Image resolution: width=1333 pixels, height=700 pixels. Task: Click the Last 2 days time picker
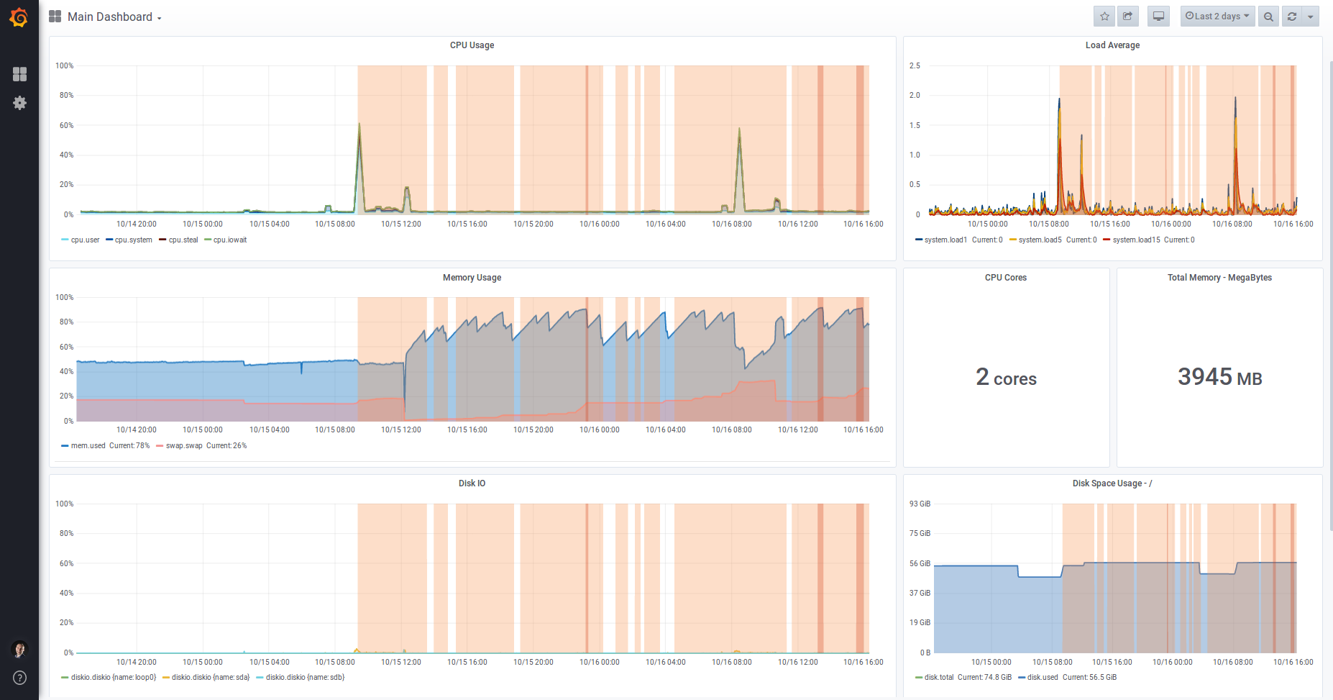1217,16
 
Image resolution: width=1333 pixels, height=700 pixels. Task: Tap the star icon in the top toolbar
1104,16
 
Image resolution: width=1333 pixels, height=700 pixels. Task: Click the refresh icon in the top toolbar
1292,16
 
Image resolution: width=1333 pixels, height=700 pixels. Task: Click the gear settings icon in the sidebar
19,103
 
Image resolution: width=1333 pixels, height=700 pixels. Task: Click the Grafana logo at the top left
19,17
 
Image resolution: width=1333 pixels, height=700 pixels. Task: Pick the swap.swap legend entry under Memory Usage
184,445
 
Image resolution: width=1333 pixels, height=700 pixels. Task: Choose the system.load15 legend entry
1136,240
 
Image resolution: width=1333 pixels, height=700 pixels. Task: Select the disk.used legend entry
1042,677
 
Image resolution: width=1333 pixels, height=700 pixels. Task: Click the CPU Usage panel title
472,45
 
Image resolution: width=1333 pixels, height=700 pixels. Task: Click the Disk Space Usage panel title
1112,483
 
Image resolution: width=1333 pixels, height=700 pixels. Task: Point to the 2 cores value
1006,377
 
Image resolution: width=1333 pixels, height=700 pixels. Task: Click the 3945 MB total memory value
1219,377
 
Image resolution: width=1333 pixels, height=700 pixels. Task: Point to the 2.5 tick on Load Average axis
915,65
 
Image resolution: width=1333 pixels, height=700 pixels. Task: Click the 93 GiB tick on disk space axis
920,504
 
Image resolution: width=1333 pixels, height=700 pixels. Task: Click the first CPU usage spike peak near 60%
359,124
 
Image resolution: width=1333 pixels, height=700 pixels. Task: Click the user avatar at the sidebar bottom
19,649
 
